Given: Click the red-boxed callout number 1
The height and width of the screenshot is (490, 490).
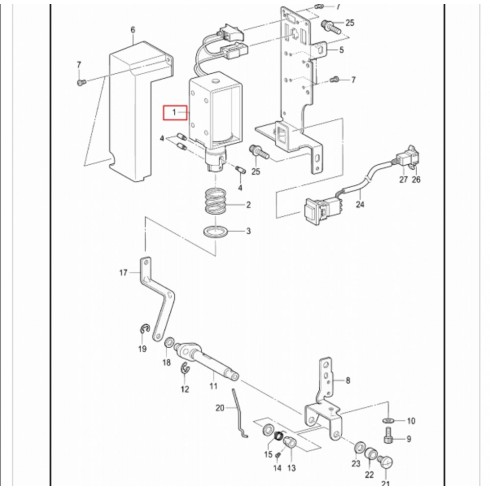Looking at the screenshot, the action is point(174,113).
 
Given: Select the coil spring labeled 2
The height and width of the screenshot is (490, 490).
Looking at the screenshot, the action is point(215,201).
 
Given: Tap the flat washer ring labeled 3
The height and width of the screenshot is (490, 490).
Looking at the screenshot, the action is point(216,231).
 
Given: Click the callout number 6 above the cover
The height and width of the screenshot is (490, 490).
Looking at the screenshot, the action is point(133,30).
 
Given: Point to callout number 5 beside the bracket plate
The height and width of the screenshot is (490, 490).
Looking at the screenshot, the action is point(341,50).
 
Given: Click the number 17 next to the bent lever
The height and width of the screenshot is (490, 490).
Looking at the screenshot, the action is point(123,273).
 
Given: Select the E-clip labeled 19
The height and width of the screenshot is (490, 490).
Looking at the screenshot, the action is point(144,329).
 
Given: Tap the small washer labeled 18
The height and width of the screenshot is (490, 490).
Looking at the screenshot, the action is point(170,343).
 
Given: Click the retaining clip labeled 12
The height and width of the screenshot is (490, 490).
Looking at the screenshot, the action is point(185,370).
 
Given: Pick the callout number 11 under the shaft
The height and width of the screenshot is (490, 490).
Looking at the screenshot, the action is point(214,386).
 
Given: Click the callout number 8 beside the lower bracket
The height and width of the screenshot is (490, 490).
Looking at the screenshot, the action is point(348,380).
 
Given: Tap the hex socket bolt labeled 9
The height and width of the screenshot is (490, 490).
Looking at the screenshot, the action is point(388,436).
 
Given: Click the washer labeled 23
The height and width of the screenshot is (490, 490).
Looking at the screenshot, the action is point(360,447).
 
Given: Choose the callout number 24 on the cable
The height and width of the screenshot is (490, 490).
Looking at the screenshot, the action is point(360,204).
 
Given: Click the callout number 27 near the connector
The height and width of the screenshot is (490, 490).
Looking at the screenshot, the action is point(403,179).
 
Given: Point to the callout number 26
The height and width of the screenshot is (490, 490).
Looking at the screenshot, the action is point(416,179).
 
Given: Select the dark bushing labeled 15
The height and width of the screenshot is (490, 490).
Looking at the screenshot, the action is point(279,435).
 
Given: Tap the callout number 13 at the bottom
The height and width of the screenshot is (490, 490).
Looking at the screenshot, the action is point(291,468).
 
